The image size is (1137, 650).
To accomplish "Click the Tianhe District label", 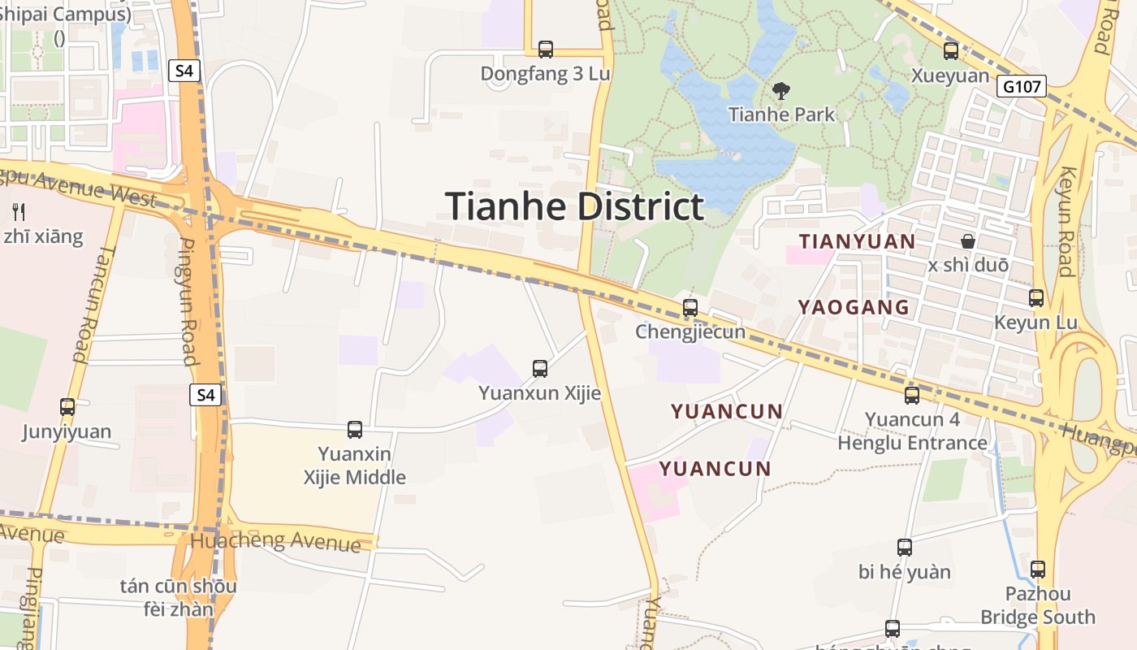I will [574, 206].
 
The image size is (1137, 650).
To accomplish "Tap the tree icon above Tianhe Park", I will [781, 90].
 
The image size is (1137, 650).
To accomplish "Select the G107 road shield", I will [1021, 86].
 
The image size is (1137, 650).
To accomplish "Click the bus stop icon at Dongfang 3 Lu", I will [546, 50].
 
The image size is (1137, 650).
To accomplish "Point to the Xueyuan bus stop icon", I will [950, 51].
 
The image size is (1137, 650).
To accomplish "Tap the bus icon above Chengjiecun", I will [690, 308].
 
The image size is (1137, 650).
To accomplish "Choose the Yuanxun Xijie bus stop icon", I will [540, 369].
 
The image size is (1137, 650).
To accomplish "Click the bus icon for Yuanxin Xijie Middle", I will [355, 430].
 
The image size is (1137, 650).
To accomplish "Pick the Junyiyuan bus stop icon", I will [67, 407].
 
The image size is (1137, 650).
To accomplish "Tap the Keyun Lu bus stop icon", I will [1036, 298].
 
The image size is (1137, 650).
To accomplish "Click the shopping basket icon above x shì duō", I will [967, 241].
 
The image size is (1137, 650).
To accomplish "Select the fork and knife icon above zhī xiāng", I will [19, 212].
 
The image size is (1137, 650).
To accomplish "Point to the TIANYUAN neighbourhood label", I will [858, 241].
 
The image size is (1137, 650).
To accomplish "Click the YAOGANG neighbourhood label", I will [854, 307].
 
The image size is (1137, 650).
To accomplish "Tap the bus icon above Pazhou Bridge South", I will [1038, 570].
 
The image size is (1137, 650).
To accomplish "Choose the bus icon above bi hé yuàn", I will [905, 548].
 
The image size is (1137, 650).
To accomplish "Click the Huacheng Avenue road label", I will [275, 540].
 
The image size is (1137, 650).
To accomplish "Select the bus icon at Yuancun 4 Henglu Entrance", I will [912, 396].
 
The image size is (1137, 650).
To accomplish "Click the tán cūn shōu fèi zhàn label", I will [178, 597].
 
